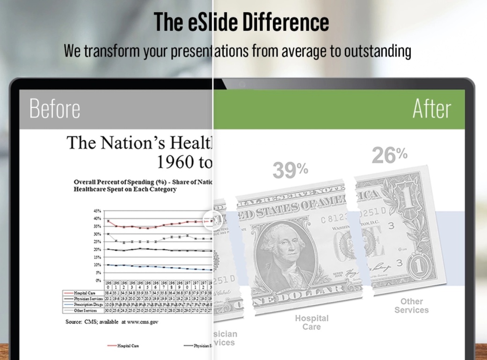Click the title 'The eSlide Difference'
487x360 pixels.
click(x=241, y=22)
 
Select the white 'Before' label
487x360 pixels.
click(x=55, y=109)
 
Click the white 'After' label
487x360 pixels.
click(x=432, y=109)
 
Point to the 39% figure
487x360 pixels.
click(x=290, y=170)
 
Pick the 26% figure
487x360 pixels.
click(x=389, y=155)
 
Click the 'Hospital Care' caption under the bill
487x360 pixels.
click(x=312, y=322)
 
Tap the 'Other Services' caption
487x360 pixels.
click(x=411, y=306)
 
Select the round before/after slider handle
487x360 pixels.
click(x=212, y=220)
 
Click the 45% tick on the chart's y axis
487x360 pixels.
click(x=97, y=211)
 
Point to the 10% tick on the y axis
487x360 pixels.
click(x=97, y=265)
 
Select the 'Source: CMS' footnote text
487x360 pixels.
click(x=112, y=322)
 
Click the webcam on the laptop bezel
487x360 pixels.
click(x=242, y=84)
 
